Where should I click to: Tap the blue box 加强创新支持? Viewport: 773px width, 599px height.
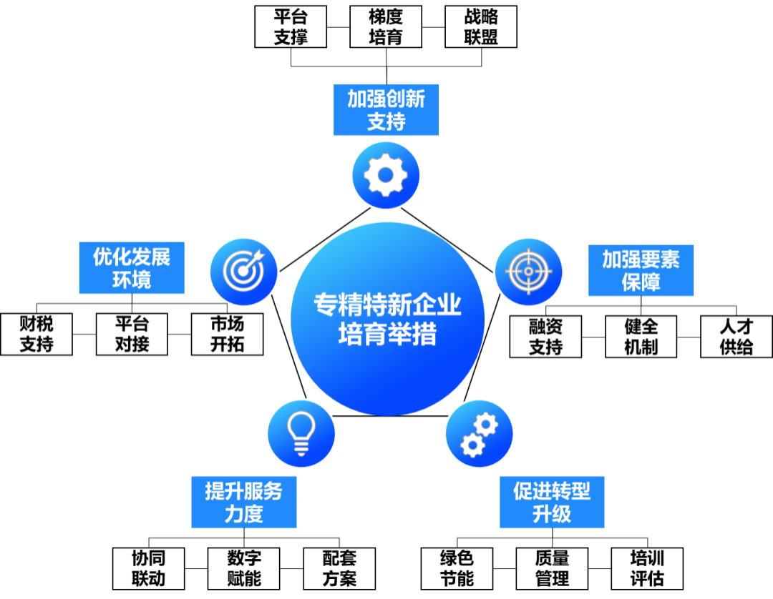pyautogui.click(x=386, y=110)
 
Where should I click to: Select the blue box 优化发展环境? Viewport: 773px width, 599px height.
pyautogui.click(x=132, y=268)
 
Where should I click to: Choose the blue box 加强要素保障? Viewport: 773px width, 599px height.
pyautogui.click(x=641, y=271)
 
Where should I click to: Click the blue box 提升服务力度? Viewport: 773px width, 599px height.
pyautogui.click(x=243, y=503)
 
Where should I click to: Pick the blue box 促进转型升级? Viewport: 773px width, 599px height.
pyautogui.click(x=552, y=503)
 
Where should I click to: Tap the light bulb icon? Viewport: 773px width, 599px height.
pyautogui.click(x=301, y=432)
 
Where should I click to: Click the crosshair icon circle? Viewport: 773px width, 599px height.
pyautogui.click(x=530, y=271)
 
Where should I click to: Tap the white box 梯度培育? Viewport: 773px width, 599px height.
pyautogui.click(x=386, y=27)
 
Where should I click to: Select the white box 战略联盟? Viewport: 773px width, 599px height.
pyautogui.click(x=480, y=27)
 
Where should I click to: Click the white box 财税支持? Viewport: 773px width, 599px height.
pyautogui.click(x=37, y=334)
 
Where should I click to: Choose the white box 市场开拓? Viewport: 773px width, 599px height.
pyautogui.click(x=228, y=334)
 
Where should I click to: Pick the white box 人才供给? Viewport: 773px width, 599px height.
pyautogui.click(x=736, y=337)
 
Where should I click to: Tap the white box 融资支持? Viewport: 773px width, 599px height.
pyautogui.click(x=545, y=337)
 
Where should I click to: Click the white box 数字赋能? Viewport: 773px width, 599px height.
pyautogui.click(x=244, y=568)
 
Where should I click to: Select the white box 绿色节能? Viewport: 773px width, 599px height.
pyautogui.click(x=457, y=568)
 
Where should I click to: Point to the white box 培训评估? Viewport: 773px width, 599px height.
pyautogui.click(x=647, y=568)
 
